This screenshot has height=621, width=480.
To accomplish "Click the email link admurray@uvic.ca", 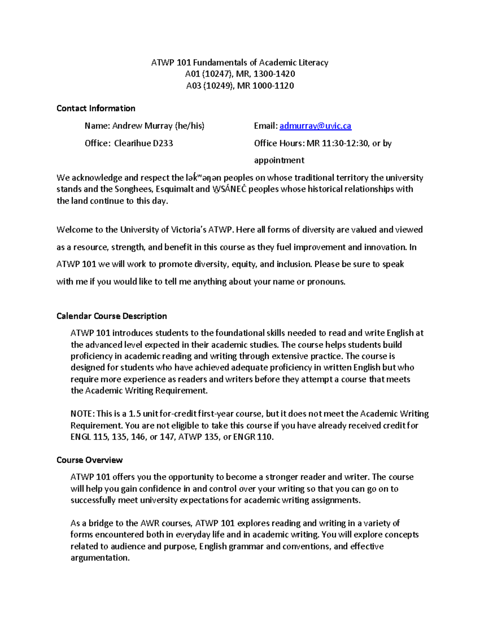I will pos(315,126).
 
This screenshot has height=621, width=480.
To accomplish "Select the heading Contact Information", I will pos(96,108).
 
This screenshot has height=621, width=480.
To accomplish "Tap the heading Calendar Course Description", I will pos(112,316).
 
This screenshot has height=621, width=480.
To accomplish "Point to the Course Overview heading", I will pos(89,460).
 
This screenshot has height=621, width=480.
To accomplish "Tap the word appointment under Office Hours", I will pos(279,160).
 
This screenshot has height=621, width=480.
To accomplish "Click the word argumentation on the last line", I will pos(100,558).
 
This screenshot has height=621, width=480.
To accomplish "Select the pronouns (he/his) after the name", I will pos(190,126).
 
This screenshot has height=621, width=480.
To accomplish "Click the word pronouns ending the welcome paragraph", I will pos(326,282).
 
